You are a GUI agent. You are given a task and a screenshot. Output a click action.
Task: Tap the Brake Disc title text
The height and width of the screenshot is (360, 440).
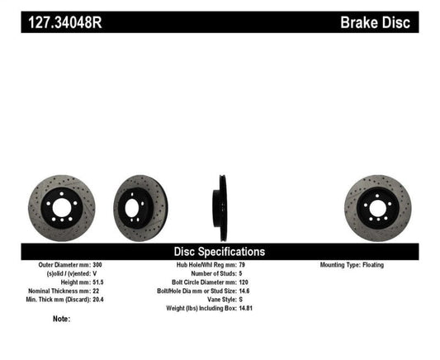[375, 22]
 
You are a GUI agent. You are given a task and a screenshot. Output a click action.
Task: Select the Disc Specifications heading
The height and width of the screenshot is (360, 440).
[219, 251]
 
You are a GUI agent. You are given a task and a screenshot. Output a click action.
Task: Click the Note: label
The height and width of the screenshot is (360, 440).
[61, 319]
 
